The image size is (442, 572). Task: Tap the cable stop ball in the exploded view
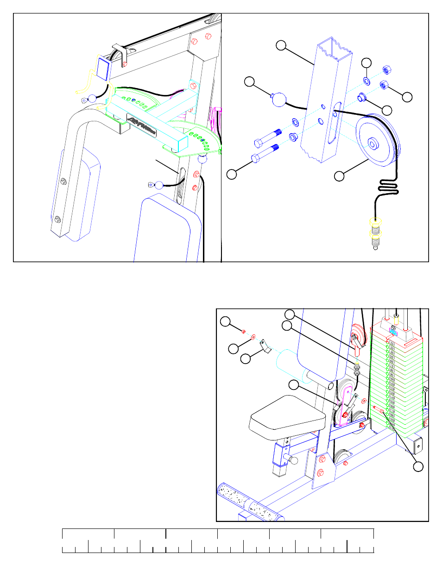279,100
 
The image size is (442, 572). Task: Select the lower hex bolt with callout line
265,153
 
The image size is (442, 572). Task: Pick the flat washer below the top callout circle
366,81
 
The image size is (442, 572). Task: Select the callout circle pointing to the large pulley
340,176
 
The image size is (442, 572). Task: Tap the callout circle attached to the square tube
281,45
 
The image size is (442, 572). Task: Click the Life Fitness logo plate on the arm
142,126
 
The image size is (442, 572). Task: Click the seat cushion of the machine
287,416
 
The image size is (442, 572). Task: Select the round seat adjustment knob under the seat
292,459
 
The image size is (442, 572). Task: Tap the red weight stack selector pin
377,409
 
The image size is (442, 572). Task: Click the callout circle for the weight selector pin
418,466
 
